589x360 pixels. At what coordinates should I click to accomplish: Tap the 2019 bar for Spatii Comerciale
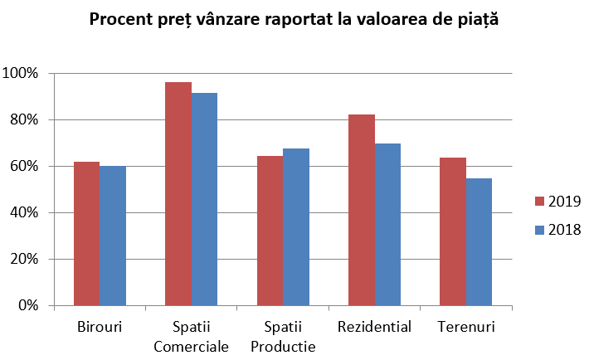click(178, 193)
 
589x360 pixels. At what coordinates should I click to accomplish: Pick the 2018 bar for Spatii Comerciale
click(204, 199)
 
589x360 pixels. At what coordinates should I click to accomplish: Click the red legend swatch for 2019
click(539, 202)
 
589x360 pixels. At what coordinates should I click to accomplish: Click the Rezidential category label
click(374, 327)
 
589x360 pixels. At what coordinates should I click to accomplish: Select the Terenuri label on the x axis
click(465, 327)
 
